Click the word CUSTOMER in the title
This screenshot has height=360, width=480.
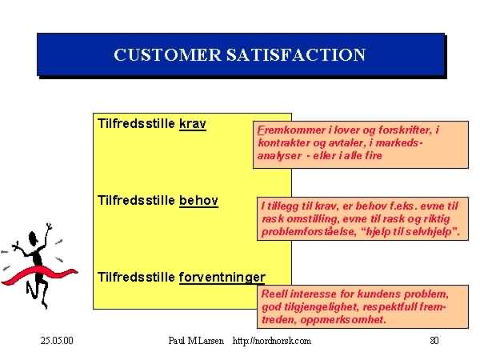click(167, 54)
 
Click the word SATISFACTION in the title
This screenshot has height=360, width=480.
click(296, 54)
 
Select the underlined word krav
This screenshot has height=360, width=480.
click(193, 124)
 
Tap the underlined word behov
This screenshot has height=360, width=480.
click(198, 201)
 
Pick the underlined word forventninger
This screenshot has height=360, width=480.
click(222, 278)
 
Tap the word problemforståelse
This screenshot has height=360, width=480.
click(308, 232)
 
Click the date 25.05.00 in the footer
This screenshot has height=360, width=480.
click(57, 341)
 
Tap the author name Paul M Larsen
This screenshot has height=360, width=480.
click(196, 341)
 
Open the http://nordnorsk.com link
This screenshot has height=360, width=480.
click(272, 341)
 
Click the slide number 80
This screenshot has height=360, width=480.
click(434, 341)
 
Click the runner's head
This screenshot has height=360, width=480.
click(33, 238)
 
